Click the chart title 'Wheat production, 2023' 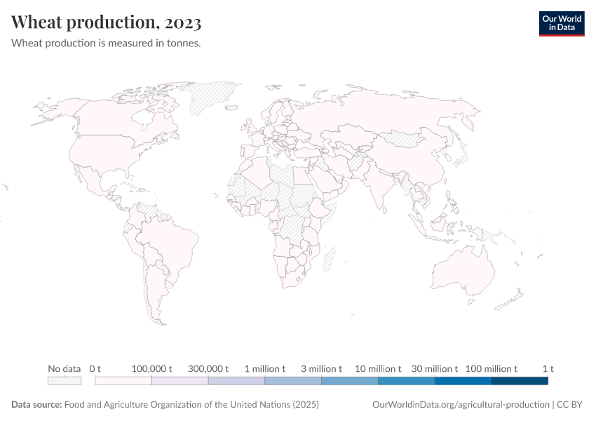[107, 22]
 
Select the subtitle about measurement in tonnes [107, 44]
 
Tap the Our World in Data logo [561, 23]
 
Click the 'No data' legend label [65, 368]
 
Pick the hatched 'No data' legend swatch [65, 381]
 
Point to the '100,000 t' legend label [152, 368]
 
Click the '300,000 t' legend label [209, 368]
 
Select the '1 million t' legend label [265, 368]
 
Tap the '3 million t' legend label [322, 368]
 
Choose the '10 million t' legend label [379, 368]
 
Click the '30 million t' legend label [435, 368]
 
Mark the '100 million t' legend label [492, 368]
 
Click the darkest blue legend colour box [520, 381]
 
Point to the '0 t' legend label [95, 368]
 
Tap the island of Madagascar [328, 260]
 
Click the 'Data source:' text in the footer [36, 405]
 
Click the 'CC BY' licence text [571, 405]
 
